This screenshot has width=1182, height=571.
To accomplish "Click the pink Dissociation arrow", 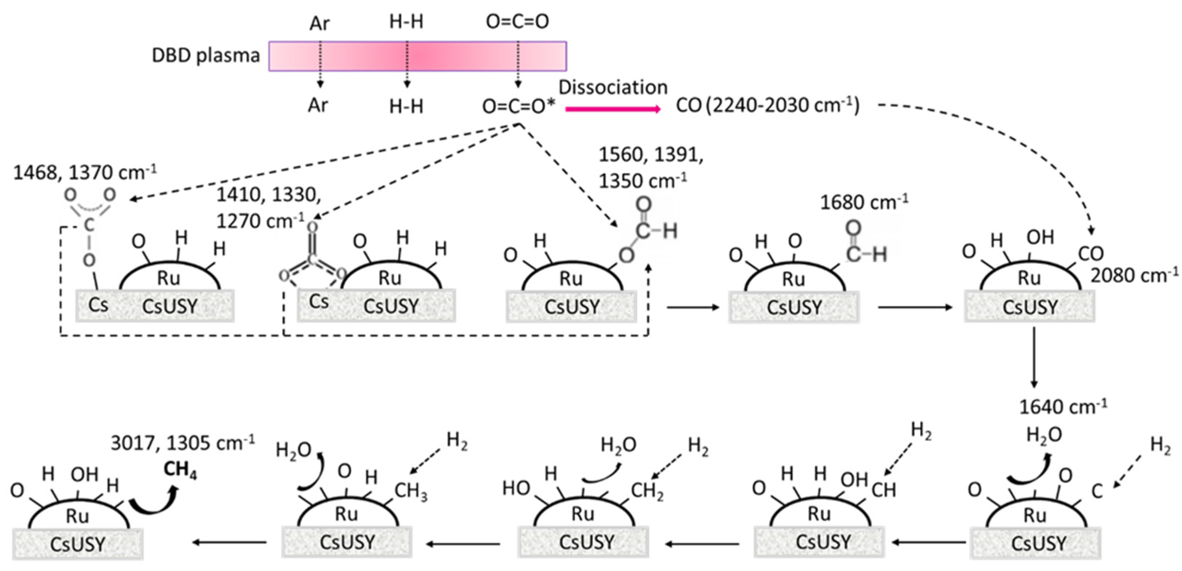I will [613, 109].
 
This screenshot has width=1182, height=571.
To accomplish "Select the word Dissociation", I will [613, 87].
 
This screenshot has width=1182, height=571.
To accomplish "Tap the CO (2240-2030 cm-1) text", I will [767, 105].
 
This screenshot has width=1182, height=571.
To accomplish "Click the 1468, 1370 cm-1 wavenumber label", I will [85, 173].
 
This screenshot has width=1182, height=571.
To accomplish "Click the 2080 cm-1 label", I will [1133, 275].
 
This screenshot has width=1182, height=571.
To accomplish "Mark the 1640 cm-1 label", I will [1063, 406].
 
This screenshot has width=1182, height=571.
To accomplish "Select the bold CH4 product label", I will [180, 470].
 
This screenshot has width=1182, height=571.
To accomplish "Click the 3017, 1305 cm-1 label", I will [182, 443].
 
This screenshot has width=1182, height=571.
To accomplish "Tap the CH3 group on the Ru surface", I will [410, 491].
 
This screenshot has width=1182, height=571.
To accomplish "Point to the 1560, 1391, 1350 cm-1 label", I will [650, 168].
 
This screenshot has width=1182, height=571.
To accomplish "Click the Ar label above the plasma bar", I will [319, 23].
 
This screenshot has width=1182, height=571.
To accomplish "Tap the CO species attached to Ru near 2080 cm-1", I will [1091, 254].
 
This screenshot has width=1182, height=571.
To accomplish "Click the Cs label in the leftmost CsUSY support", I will [98, 305].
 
